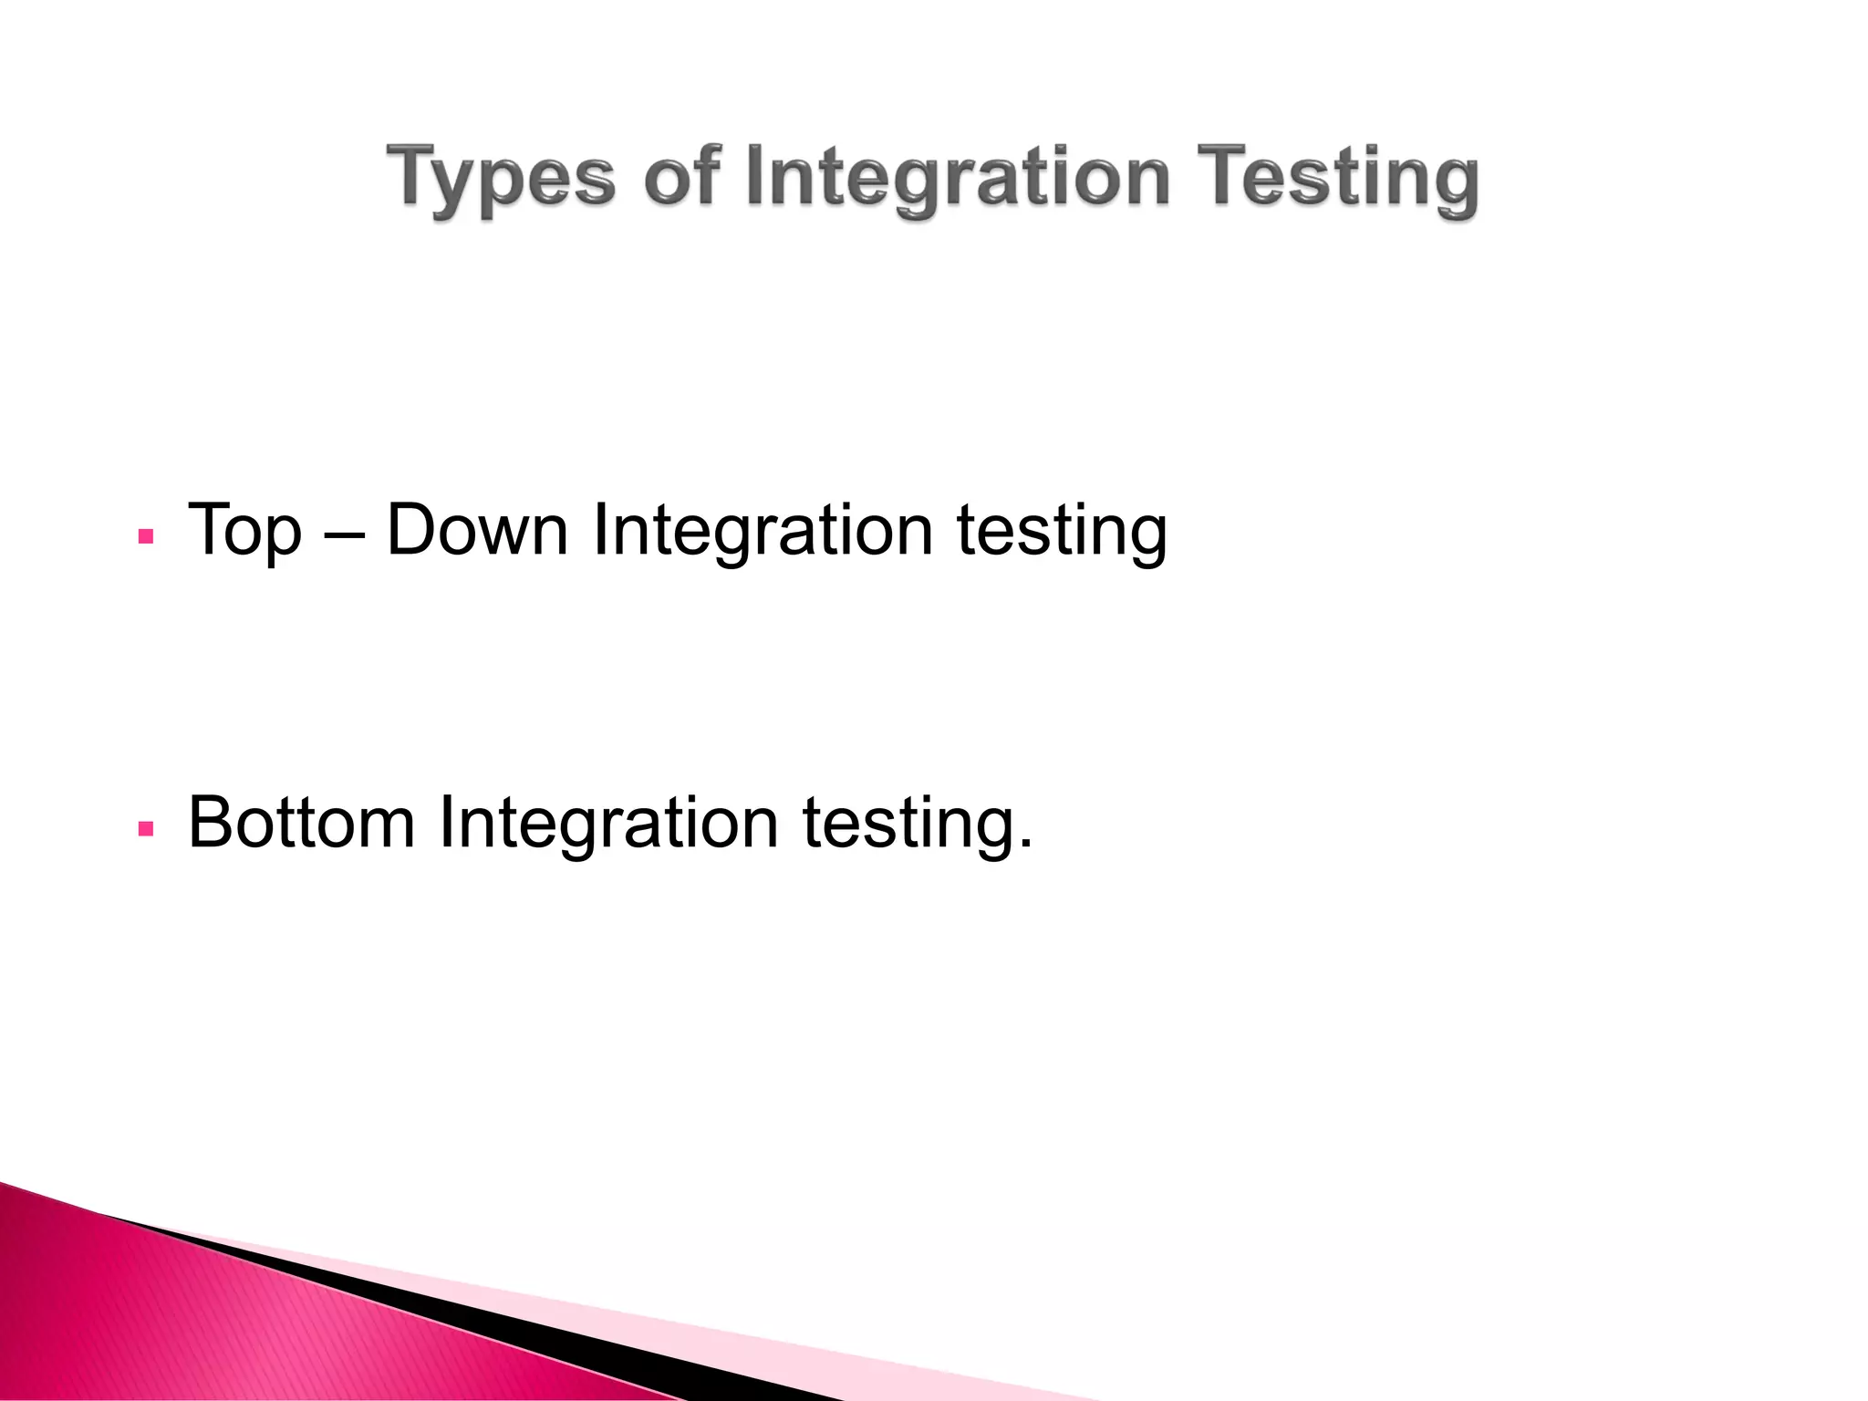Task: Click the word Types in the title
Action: (501, 179)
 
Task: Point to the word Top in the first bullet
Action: (244, 531)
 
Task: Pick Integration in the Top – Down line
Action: (763, 531)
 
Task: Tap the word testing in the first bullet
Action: (1062, 531)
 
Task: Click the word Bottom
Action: (301, 823)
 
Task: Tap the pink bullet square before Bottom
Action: (145, 829)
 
